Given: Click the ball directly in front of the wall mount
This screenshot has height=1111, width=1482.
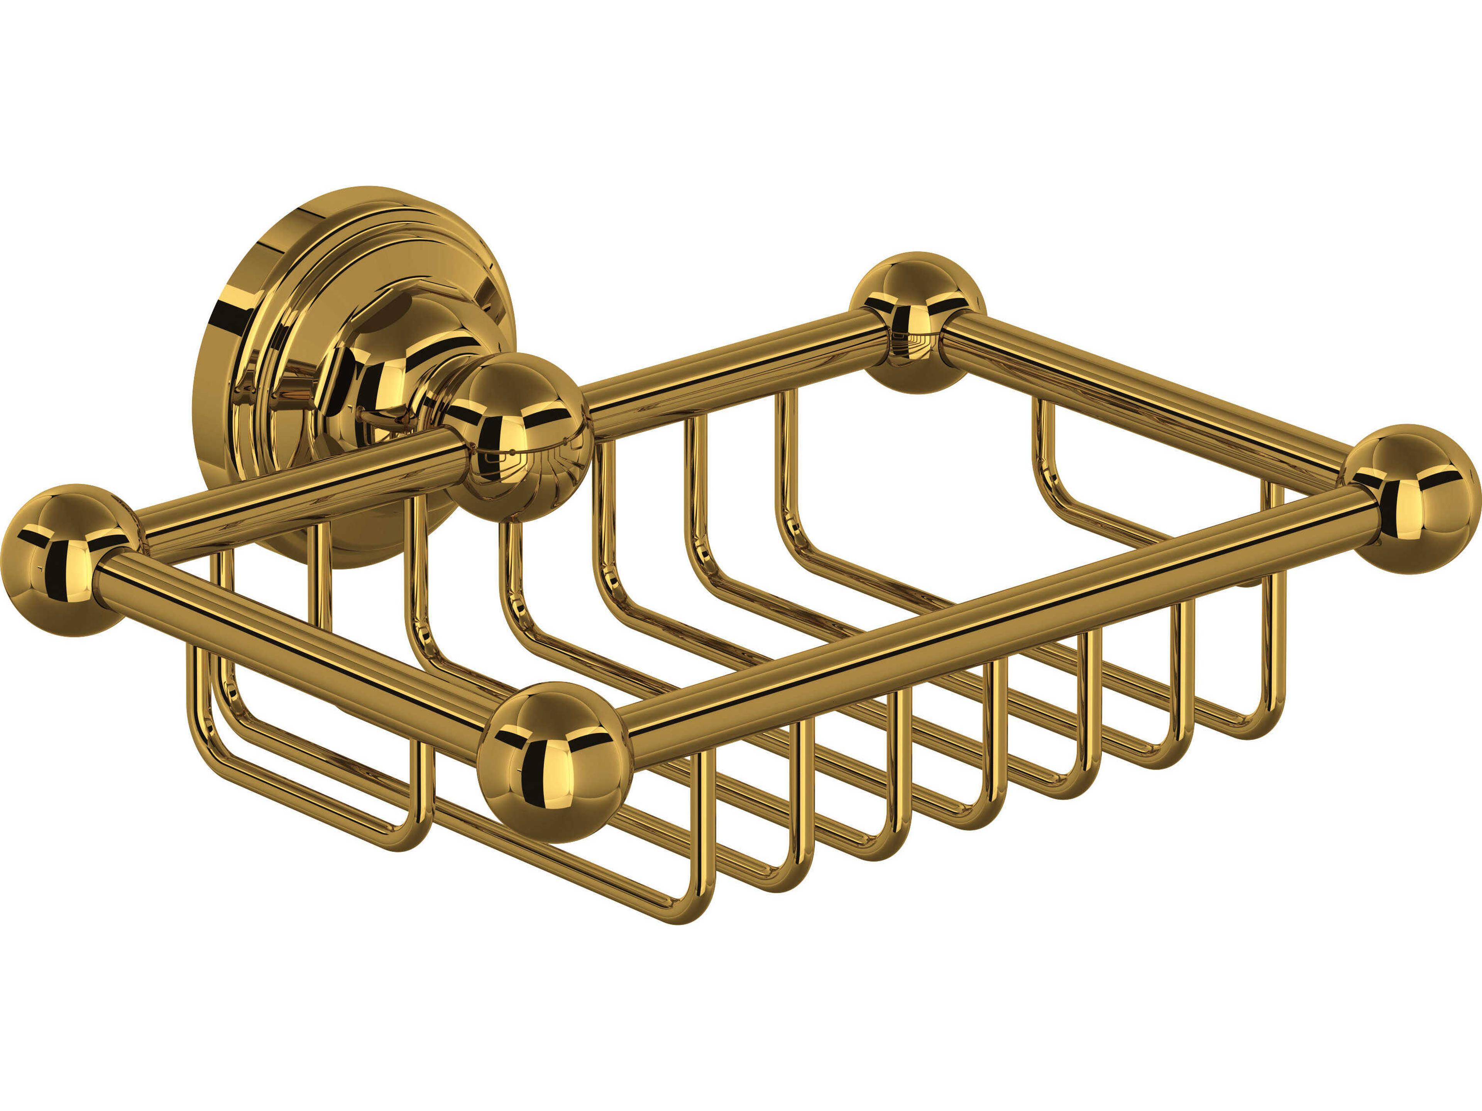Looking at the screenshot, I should point(516,439).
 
